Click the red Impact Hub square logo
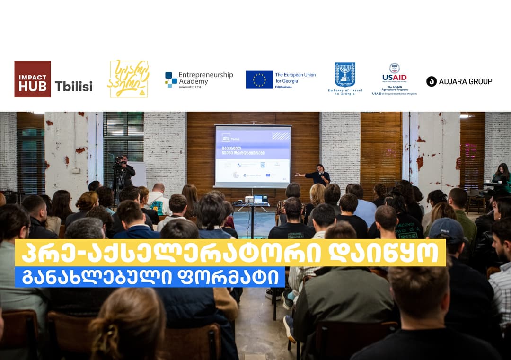tap(32, 79)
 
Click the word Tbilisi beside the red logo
tap(74, 86)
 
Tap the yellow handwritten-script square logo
tap(129, 79)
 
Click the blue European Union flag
tap(259, 79)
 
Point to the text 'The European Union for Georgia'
tap(295, 78)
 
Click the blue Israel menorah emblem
tap(345, 74)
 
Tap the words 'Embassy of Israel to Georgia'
tap(345, 92)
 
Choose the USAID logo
tap(394, 76)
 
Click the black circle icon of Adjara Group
tap(431, 81)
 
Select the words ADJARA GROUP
tap(465, 81)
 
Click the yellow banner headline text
tap(230, 253)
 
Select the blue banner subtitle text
tap(150, 277)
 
